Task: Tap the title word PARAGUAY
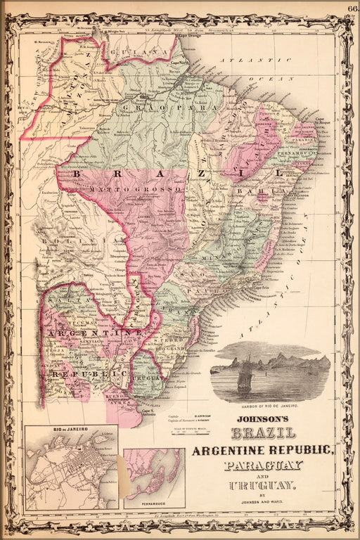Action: [263, 465]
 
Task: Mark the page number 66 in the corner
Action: [351, 8]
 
